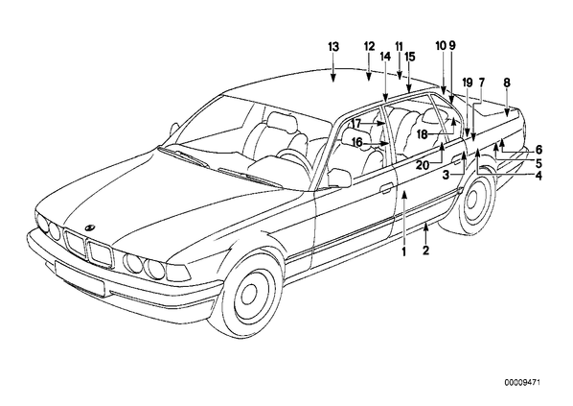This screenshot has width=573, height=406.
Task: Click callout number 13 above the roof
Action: coord(333,47)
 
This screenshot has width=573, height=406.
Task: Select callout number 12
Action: coord(369,46)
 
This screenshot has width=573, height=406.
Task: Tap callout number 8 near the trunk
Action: coord(507,83)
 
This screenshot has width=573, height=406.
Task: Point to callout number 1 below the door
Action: coord(404,251)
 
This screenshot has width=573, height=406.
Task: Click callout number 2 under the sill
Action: coord(425,251)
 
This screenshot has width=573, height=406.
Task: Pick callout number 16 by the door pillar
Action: coord(357,142)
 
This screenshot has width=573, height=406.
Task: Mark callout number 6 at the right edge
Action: coord(539,150)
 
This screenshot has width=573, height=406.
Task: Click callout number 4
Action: coord(539,176)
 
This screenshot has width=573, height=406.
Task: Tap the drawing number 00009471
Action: coord(522,383)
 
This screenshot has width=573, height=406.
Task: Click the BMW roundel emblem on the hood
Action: coord(89,227)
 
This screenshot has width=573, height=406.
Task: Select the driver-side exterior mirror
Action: coord(339,178)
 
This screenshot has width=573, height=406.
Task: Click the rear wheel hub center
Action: coord(471,201)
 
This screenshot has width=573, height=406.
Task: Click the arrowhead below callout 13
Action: coord(332,77)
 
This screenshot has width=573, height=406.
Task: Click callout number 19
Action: coord(468,83)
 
